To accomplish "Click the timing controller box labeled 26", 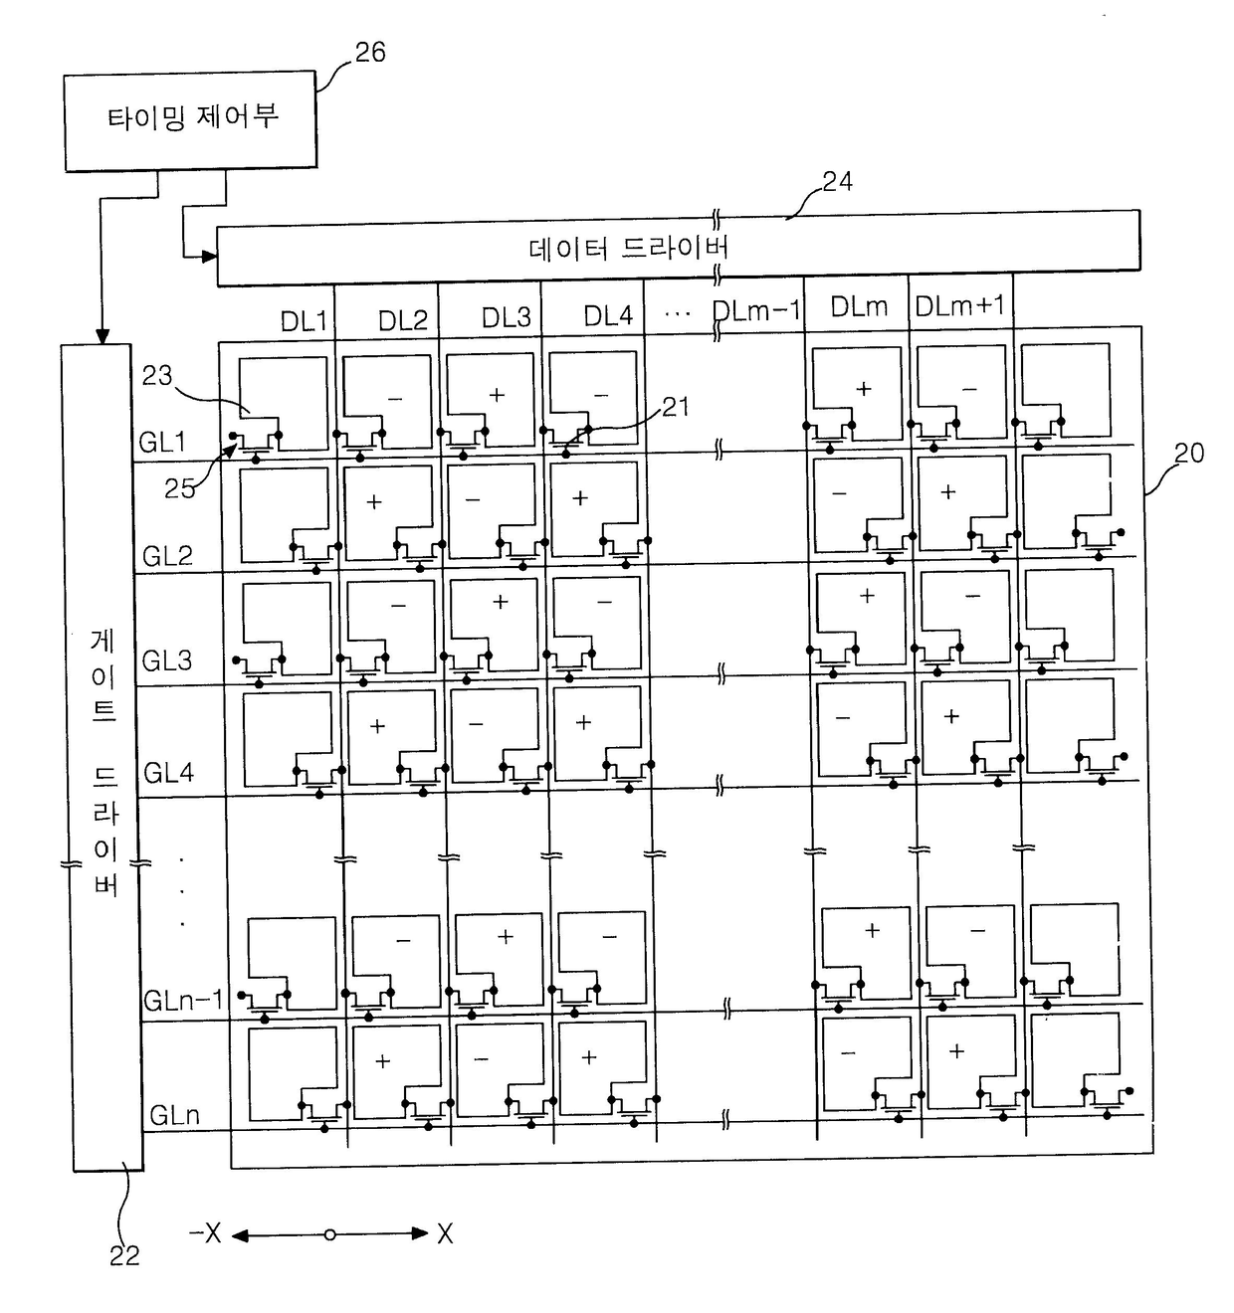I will click(x=190, y=120).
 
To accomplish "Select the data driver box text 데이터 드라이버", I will click(x=629, y=248).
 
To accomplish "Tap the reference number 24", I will click(x=837, y=181).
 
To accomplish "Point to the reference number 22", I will click(x=124, y=1256).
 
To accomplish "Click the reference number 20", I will click(x=1188, y=454).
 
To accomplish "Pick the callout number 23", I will click(x=157, y=376).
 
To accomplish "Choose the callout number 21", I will click(x=676, y=407).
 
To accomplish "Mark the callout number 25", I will click(x=179, y=488).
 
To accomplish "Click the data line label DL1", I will click(x=304, y=320).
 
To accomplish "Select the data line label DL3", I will click(x=507, y=318).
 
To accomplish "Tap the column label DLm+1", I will click(x=960, y=306).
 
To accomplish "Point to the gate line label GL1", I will click(x=162, y=442).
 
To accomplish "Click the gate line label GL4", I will click(x=168, y=773).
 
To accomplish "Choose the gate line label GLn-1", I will click(x=184, y=1000).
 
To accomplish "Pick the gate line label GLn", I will click(x=174, y=1115).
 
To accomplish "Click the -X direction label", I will click(x=205, y=1233).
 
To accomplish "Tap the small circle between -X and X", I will click(x=329, y=1234).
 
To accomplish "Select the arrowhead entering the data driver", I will click(x=210, y=257).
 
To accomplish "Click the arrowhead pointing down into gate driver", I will click(x=102, y=337).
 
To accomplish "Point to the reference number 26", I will click(x=370, y=53).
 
